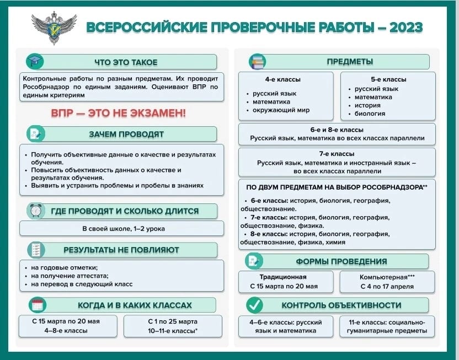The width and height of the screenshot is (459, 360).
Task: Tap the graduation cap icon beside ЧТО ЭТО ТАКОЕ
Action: (35, 61)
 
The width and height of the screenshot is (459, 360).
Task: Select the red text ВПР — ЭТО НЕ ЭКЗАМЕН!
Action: (119, 113)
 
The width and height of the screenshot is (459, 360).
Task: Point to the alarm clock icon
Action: (36, 211)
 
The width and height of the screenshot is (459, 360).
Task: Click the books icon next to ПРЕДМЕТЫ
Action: (257, 61)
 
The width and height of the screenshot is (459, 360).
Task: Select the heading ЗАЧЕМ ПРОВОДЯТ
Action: (126, 134)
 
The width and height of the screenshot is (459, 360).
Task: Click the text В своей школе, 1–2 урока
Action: (123, 229)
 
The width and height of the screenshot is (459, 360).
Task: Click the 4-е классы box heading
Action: (282, 79)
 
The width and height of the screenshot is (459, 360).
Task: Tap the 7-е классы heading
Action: (336, 154)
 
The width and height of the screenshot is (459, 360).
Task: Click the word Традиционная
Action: (283, 277)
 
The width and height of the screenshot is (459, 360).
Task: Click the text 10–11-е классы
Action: (172, 331)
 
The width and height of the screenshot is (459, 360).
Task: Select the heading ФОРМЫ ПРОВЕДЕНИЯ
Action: (341, 261)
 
